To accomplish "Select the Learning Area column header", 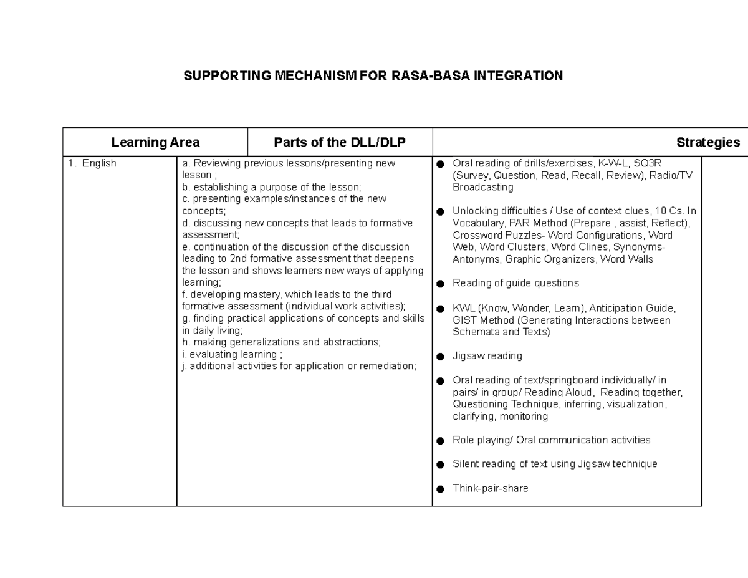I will pyautogui.click(x=155, y=143).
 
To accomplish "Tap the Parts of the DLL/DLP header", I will pyautogui.click(x=340, y=143).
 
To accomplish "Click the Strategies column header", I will pyautogui.click(x=708, y=143).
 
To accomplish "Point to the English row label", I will pyautogui.click(x=99, y=163).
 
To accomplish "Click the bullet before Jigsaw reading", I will pyautogui.click(x=441, y=357).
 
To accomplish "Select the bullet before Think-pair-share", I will pyautogui.click(x=441, y=489).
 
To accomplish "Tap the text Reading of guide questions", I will pyautogui.click(x=515, y=283).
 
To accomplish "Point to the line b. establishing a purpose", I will pyautogui.click(x=271, y=187).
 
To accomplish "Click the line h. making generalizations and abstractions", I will pyautogui.click(x=281, y=342).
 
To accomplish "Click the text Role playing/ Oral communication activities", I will pyautogui.click(x=551, y=440).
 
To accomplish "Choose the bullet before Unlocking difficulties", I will pyautogui.click(x=441, y=211).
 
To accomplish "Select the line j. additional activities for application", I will pyautogui.click(x=299, y=366).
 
